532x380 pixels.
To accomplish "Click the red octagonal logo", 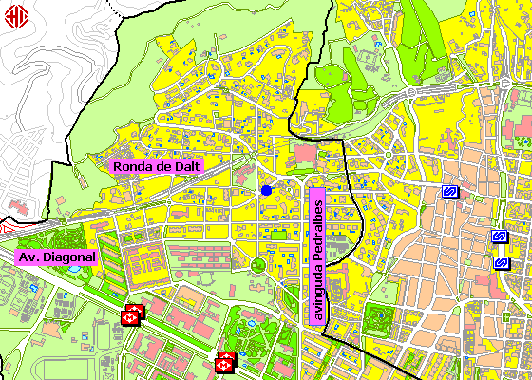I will [x=16, y=16].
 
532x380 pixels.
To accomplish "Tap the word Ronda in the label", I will [x=133, y=165].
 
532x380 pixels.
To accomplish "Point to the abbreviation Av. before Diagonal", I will [x=30, y=257].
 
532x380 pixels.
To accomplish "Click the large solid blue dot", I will [x=266, y=191].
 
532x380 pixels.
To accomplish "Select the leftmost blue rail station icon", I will [x=450, y=193].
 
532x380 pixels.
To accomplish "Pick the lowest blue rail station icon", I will [x=501, y=262].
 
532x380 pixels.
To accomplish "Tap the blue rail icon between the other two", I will [x=497, y=237].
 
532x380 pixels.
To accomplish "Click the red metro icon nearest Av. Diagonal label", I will [x=131, y=313].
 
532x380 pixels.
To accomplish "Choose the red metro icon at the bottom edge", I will [x=225, y=361].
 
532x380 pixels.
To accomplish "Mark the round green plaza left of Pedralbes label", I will [x=257, y=264].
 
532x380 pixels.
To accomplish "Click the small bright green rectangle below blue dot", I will [x=278, y=235].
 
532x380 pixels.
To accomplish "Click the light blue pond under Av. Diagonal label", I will [x=73, y=270].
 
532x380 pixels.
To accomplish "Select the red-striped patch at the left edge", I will [x=4, y=228].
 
